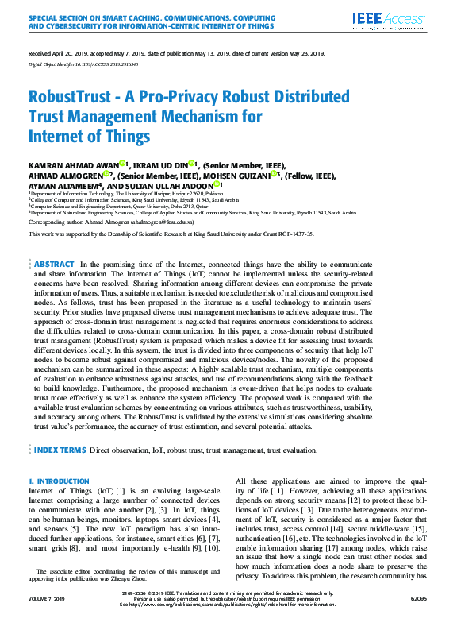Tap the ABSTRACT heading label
(x=55, y=241)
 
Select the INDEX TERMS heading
(x=60, y=450)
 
